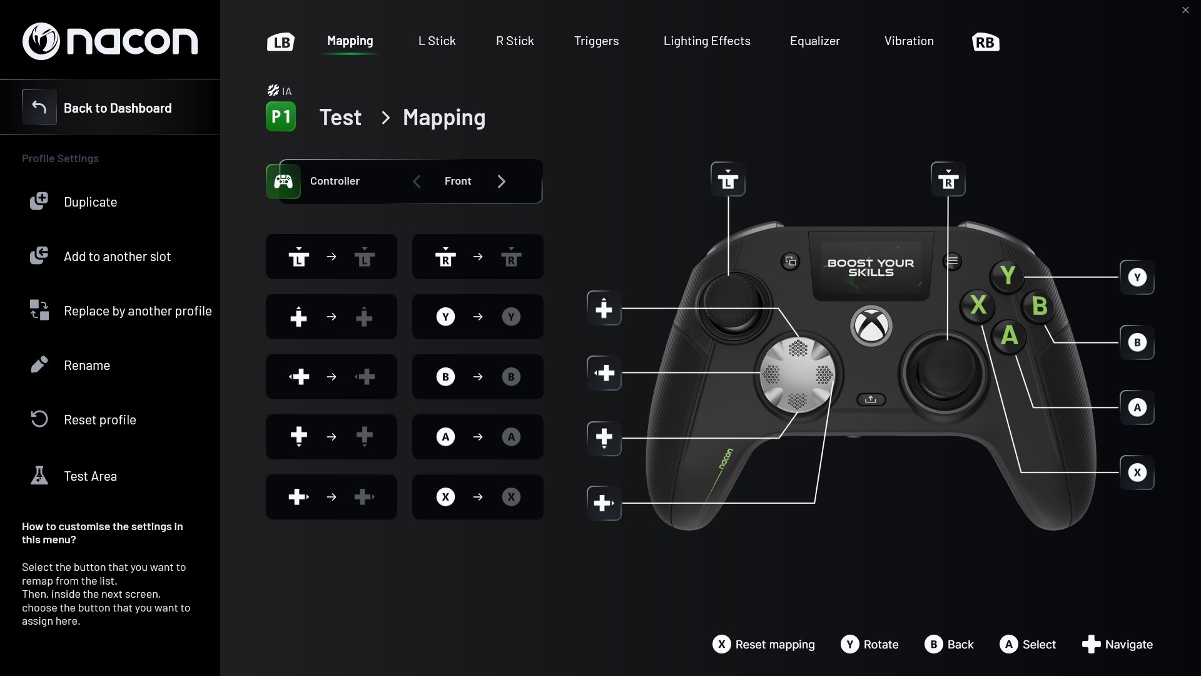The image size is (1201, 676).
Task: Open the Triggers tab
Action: (596, 41)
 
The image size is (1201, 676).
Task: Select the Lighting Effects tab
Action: (707, 41)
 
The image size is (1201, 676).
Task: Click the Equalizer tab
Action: (814, 41)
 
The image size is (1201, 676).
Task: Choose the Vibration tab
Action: (908, 41)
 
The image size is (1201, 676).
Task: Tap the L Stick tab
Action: (437, 41)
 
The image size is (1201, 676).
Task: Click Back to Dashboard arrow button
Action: (39, 108)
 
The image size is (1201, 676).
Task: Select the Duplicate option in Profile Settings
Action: (90, 202)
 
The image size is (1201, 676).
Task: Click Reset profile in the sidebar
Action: (99, 420)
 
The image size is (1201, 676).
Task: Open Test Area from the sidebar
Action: (90, 476)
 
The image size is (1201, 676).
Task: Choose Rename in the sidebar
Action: (86, 366)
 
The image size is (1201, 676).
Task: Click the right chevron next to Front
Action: (501, 182)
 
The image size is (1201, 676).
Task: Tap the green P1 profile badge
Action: (281, 117)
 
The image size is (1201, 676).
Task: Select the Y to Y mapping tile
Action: (477, 317)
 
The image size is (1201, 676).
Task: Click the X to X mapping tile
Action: (477, 497)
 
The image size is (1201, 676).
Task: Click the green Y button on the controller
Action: (1007, 275)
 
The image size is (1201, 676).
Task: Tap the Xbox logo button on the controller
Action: (871, 325)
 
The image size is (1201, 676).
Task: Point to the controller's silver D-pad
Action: (798, 374)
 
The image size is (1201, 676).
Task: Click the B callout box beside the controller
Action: (1137, 342)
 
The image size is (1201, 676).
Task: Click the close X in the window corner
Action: (1185, 10)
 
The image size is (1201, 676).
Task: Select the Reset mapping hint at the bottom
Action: (764, 645)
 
